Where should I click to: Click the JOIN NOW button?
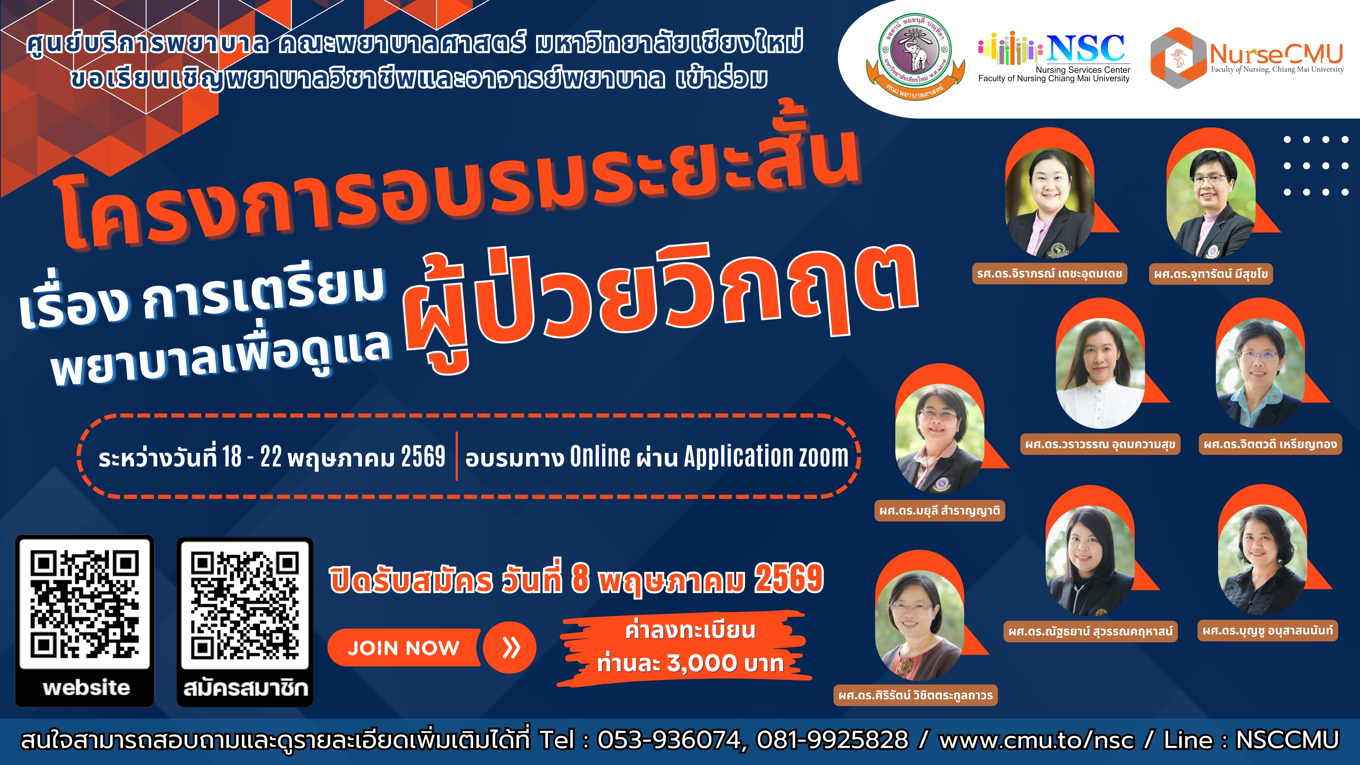pyautogui.click(x=404, y=648)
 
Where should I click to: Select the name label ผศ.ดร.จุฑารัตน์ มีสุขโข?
pyautogui.click(x=1211, y=274)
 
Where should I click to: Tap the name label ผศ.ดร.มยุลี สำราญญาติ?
pyautogui.click(x=940, y=510)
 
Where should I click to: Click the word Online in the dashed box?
pyautogui.click(x=600, y=456)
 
